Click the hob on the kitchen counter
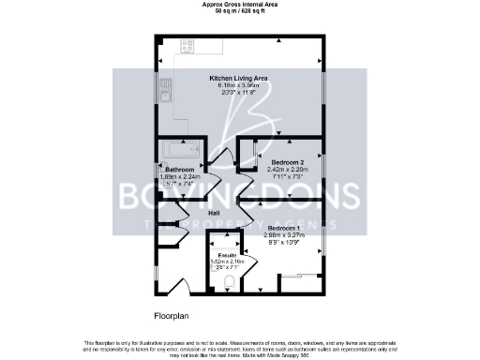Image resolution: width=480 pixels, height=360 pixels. point(187,45)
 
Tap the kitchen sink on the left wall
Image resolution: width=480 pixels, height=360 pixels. point(167,91)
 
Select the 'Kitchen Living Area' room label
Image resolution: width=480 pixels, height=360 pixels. point(240,79)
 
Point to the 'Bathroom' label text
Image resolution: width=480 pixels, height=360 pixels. point(179,169)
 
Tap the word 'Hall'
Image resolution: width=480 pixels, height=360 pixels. point(214,214)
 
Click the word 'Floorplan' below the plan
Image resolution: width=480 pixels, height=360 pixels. point(172,315)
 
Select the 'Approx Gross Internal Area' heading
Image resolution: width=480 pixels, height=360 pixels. point(239,4)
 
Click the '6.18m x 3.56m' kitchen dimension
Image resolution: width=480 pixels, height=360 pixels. point(240,86)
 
